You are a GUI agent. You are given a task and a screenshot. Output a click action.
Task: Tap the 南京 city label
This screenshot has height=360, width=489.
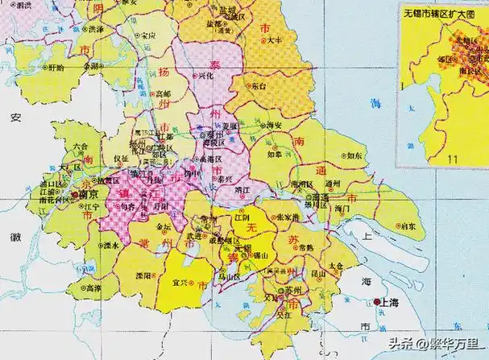coord(88,194)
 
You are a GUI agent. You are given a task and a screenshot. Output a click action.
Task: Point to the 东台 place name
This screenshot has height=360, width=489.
coord(259,84)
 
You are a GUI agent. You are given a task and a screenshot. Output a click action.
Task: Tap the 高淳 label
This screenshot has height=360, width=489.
coord(93,288)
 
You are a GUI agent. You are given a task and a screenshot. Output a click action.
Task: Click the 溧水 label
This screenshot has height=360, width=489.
coord(110,245)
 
